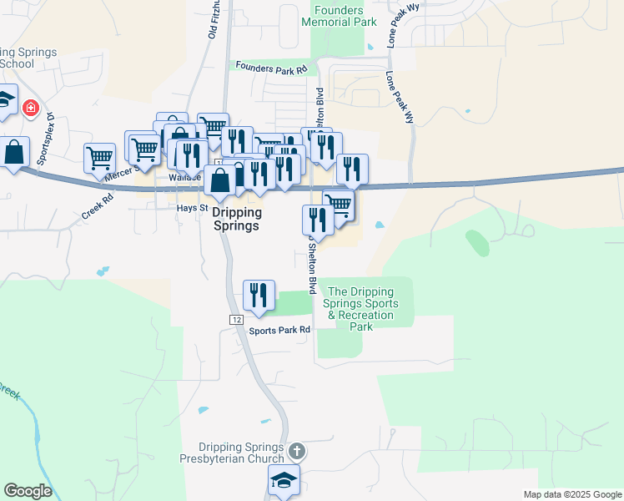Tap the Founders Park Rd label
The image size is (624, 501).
point(272,67)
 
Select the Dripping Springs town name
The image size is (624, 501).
point(230,220)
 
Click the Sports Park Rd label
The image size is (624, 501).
point(279,330)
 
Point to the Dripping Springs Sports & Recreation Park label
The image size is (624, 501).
point(362,309)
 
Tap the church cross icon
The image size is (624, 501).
point(297,453)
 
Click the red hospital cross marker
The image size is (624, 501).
point(31,108)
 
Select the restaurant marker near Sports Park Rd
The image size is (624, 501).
point(259,295)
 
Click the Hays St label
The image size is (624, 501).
point(185,207)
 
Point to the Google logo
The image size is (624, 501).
point(28,491)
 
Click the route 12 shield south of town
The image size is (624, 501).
point(237,321)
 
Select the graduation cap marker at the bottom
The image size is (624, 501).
point(284,480)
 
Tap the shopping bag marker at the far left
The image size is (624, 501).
point(14,153)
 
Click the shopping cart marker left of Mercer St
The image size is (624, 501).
point(99,157)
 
